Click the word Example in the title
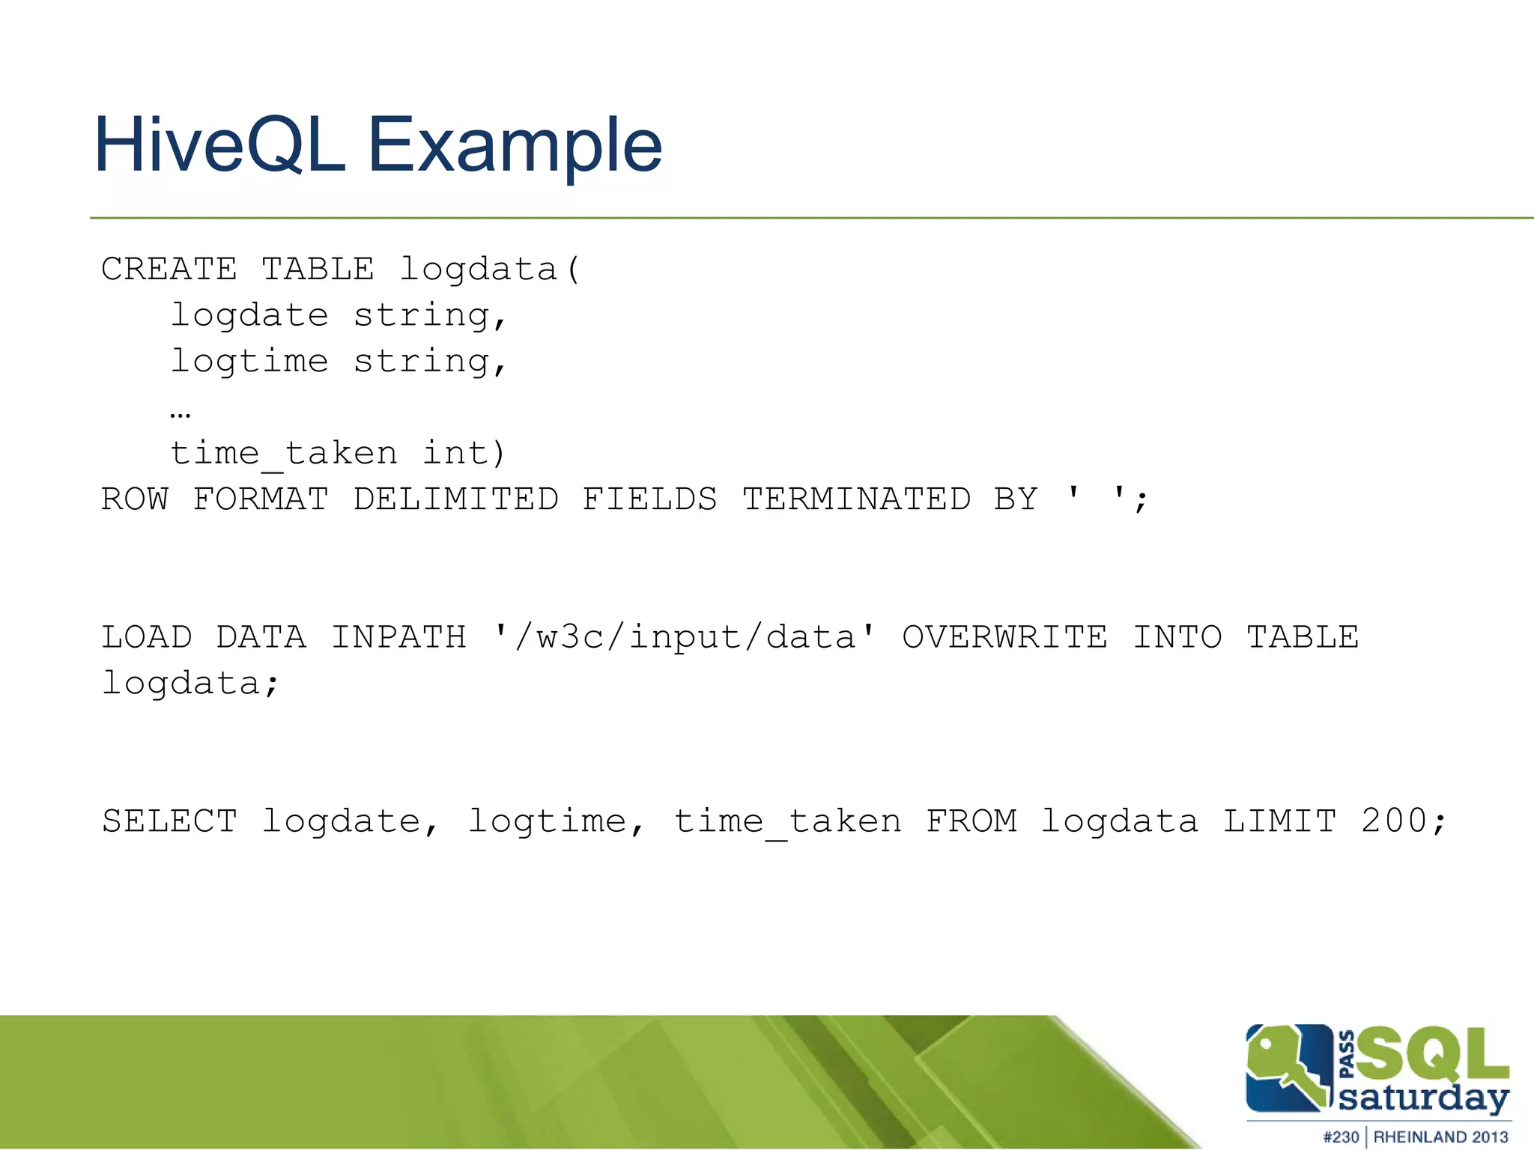tap(515, 145)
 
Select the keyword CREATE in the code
tap(169, 269)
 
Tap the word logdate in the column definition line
tap(249, 315)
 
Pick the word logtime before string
tap(249, 362)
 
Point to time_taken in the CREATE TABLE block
tap(284, 454)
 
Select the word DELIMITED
tap(456, 499)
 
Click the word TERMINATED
tap(856, 499)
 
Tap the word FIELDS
tap(649, 499)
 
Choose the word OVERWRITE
tap(1004, 638)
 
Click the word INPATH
tap(398, 638)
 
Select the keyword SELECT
tap(169, 821)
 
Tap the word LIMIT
tap(1279, 821)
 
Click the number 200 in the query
tap(1394, 821)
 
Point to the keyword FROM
tap(971, 821)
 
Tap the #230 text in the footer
tap(1341, 1137)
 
